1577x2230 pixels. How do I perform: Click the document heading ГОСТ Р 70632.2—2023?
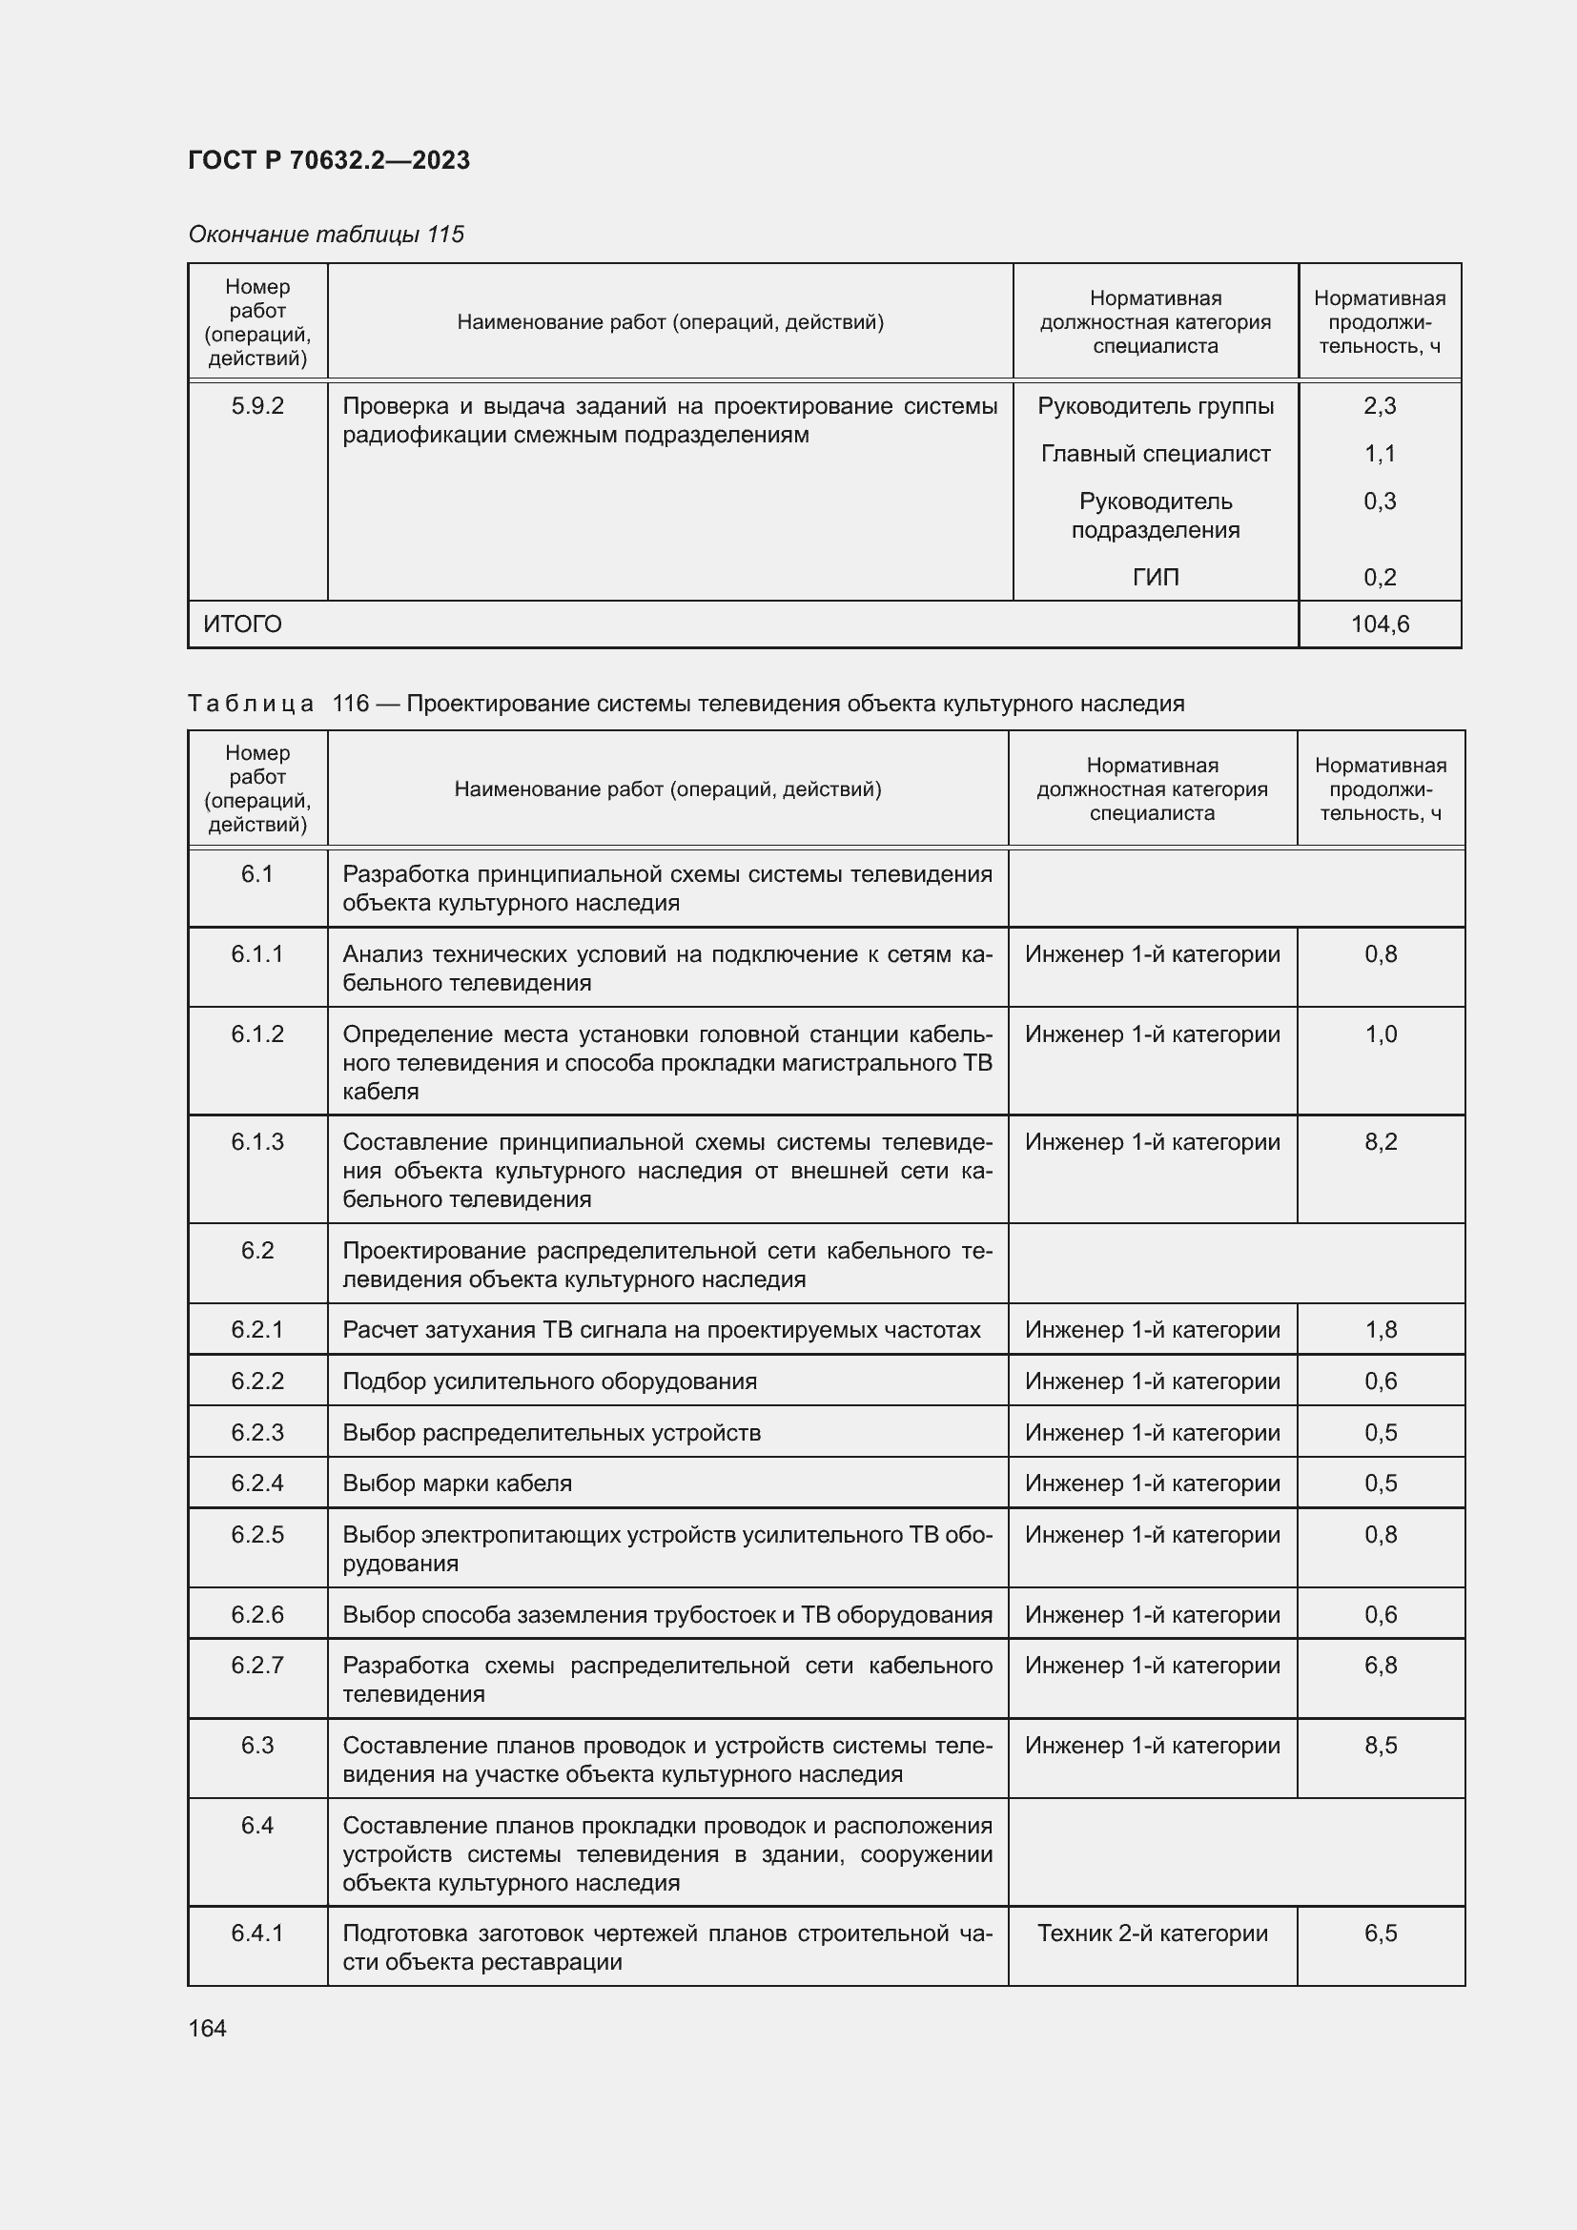[x=328, y=160]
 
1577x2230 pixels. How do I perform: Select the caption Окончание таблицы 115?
[x=325, y=235]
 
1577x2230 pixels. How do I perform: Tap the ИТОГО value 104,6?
[x=1379, y=624]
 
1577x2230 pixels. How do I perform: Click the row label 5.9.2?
[x=257, y=406]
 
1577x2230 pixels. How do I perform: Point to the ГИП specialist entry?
[x=1155, y=577]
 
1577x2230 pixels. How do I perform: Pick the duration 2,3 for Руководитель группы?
[x=1379, y=406]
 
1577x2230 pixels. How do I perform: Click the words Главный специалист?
[x=1155, y=454]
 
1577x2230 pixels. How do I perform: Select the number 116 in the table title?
[x=350, y=704]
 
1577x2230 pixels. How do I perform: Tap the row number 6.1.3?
[x=257, y=1141]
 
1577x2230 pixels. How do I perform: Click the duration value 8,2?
[x=1380, y=1141]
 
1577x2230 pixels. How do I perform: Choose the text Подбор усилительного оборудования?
[x=549, y=1381]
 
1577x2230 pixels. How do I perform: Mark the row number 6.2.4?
[x=257, y=1483]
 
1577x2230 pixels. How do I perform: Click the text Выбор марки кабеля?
[x=457, y=1483]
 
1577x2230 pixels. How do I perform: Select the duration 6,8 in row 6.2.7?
[x=1380, y=1665]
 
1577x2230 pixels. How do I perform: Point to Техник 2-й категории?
[x=1152, y=1933]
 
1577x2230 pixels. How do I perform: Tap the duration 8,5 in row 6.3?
[x=1380, y=1746]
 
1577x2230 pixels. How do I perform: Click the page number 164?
[x=207, y=2028]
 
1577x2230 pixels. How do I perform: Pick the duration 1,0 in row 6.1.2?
[x=1380, y=1034]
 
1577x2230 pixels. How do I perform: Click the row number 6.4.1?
[x=257, y=1933]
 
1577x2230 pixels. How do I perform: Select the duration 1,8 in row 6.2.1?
[x=1380, y=1330]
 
